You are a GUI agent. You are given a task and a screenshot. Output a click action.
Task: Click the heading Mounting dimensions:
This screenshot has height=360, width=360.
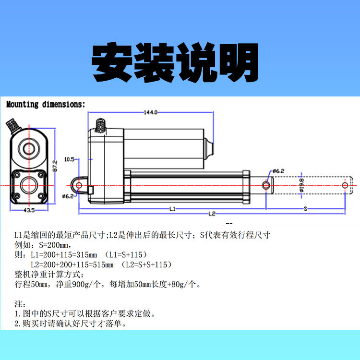click(46, 104)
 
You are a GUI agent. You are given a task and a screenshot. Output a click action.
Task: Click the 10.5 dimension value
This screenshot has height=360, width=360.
click(70, 158)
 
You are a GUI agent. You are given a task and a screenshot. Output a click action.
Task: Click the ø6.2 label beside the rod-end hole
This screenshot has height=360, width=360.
click(279, 171)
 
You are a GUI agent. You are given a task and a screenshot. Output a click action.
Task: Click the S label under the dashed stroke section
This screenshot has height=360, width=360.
click(305, 209)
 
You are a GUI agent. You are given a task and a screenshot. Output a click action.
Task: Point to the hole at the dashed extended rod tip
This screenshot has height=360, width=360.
click(345, 185)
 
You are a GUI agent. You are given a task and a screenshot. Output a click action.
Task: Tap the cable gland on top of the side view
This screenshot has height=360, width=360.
click(101, 126)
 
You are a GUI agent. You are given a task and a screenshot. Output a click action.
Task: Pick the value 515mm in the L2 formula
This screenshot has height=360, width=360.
click(103, 264)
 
